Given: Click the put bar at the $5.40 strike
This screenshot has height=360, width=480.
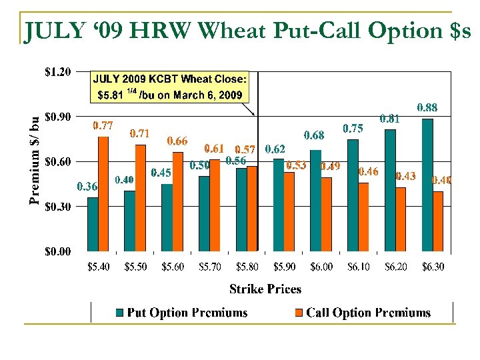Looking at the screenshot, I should pos(93,225).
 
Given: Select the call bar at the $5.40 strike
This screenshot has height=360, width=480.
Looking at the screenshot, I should pos(103,194).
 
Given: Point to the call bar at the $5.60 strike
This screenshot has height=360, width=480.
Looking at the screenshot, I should pos(177,202).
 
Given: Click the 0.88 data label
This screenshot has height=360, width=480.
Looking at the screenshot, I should pos(427,107).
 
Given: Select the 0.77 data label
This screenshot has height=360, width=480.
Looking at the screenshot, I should pos(102,125).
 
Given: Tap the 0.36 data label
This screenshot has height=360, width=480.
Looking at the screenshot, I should pos(87,186).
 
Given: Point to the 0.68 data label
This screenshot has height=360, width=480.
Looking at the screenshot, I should pos(315,135).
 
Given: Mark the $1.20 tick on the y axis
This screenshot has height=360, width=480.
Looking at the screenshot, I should pos(57,72).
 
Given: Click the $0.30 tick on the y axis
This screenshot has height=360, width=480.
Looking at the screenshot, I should pos(57,207).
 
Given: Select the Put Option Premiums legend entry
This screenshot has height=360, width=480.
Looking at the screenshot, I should pos(181,313).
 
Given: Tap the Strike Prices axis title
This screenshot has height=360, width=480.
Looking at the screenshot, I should pos(265,289).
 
